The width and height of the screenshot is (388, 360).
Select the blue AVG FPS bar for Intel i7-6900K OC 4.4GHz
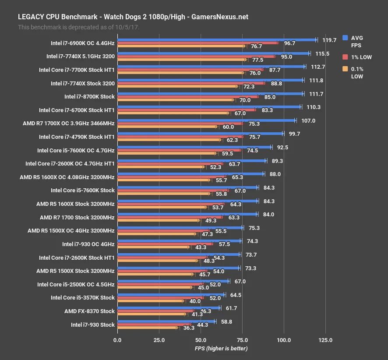[x=217, y=39]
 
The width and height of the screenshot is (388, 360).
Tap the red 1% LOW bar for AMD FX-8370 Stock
[x=155, y=311]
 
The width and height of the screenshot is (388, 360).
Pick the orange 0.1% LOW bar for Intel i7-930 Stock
[x=147, y=328]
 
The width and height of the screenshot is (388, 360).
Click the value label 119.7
[x=329, y=40]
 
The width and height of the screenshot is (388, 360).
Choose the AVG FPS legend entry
[x=353, y=41]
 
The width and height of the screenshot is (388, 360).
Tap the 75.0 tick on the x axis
[x=242, y=340]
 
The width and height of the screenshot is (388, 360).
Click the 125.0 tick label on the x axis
[x=325, y=340]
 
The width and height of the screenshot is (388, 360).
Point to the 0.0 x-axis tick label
[x=117, y=340]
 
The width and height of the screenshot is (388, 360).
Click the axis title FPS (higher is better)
[x=221, y=349]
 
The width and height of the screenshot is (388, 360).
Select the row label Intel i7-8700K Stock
[x=89, y=96]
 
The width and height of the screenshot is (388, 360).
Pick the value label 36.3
[x=189, y=328]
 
